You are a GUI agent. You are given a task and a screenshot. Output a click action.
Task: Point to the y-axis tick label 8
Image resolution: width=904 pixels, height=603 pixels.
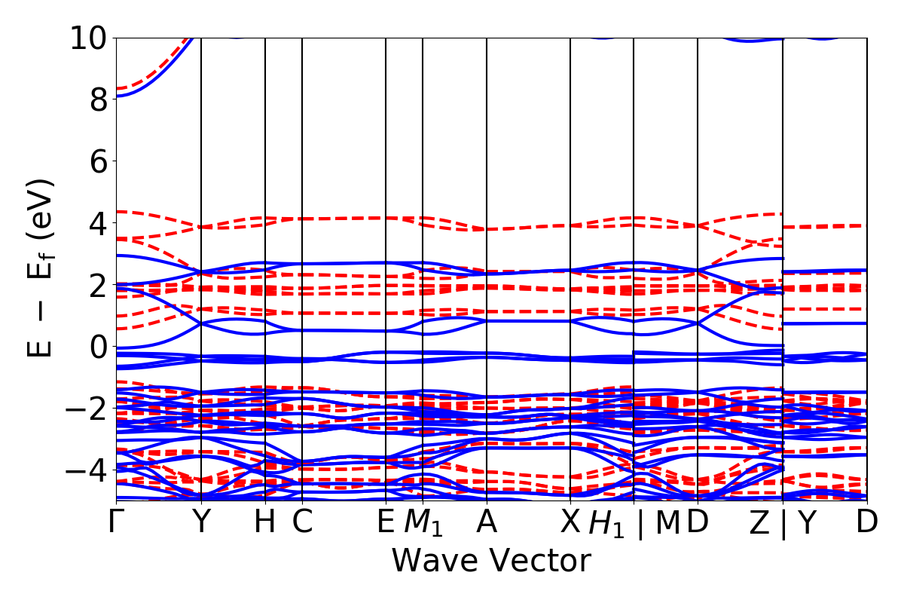[96, 99]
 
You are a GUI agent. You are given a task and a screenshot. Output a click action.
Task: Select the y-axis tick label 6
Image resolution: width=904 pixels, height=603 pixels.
[96, 161]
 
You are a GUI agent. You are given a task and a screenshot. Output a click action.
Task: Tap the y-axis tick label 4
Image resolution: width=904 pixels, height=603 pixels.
[96, 223]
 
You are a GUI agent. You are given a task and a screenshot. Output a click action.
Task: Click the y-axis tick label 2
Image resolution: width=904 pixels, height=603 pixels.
[96, 285]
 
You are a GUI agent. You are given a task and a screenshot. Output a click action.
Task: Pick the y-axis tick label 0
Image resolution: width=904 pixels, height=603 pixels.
[96, 347]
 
